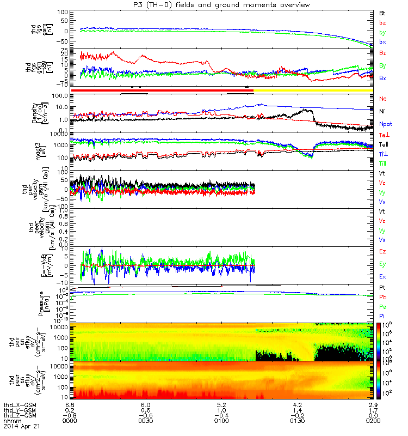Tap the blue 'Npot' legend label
click(385, 124)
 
